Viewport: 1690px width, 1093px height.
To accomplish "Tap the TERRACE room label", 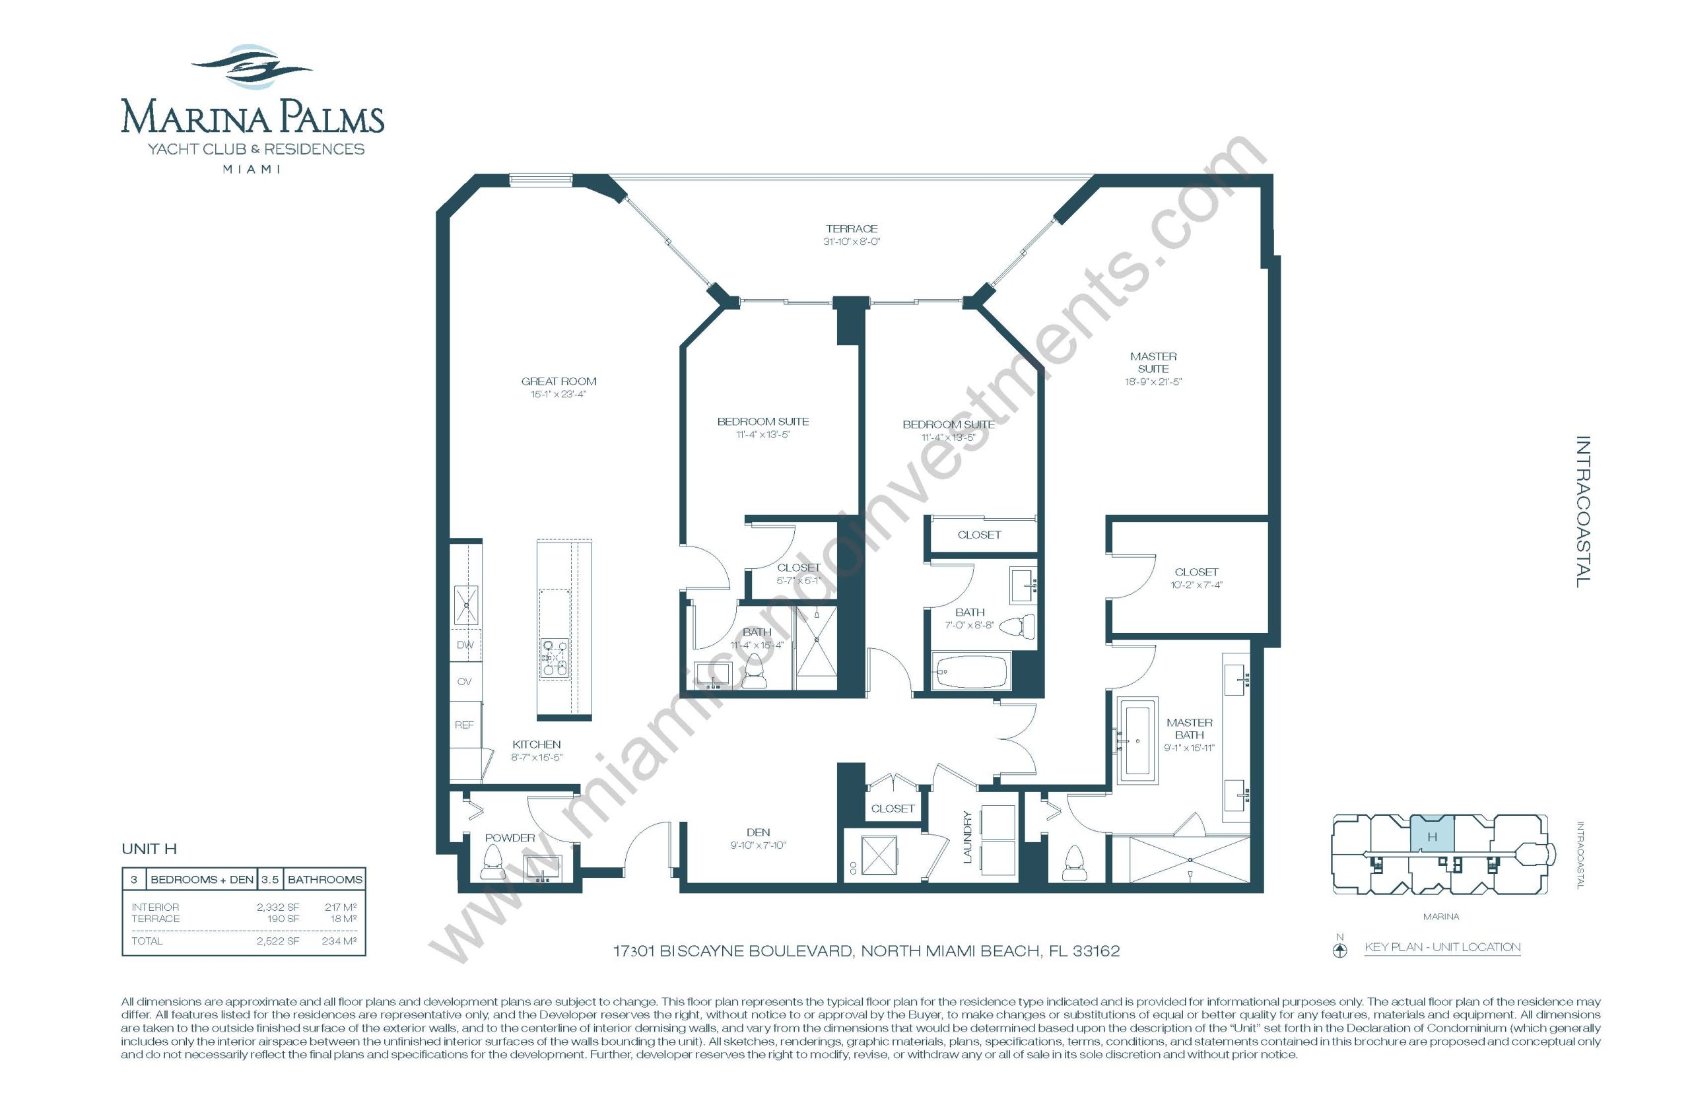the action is click(851, 228).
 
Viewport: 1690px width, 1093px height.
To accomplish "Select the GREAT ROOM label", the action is click(558, 381).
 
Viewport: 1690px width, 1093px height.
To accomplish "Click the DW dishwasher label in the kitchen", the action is click(465, 645).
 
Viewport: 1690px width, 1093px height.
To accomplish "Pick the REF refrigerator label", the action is click(464, 725).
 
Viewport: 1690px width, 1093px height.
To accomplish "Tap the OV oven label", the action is click(464, 681).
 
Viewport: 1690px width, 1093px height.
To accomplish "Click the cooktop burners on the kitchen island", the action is click(555, 657).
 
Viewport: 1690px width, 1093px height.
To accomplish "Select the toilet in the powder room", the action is click(492, 863).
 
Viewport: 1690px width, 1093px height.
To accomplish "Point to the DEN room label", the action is click(758, 832).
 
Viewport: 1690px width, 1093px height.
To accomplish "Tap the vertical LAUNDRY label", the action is click(966, 837).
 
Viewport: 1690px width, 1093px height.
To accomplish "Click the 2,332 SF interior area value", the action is click(277, 907).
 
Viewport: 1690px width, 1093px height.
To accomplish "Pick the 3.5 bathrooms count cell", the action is click(270, 879).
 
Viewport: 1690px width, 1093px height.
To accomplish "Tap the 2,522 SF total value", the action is click(277, 941).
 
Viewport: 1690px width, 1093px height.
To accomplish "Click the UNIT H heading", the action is click(149, 849).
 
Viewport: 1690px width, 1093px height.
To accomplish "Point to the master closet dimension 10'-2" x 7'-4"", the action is click(1196, 585).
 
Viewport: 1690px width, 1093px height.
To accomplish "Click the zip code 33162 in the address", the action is click(1096, 951).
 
